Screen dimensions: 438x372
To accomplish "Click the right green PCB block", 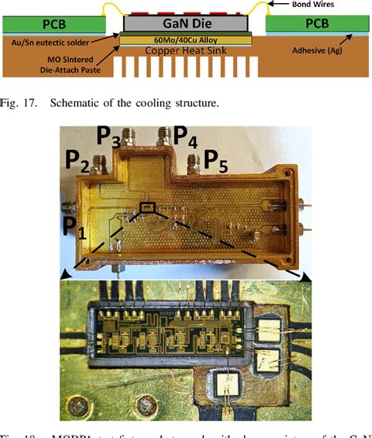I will coord(314,24).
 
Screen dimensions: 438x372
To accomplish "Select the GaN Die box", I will coord(187,24).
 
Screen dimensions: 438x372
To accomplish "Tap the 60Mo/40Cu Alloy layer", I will coord(187,42).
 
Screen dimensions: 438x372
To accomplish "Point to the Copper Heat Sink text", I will coord(187,51).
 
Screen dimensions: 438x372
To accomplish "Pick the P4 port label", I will coord(186,136).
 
